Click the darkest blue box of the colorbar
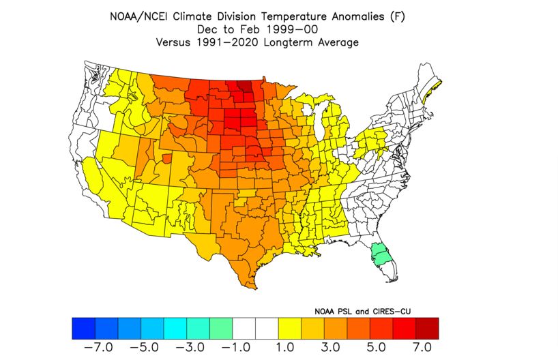(x=83, y=329)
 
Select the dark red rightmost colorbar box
(x=427, y=329)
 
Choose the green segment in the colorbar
(x=221, y=329)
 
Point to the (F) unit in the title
(x=397, y=15)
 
